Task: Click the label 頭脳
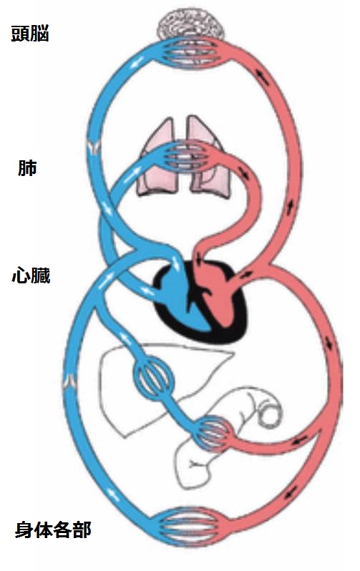tap(30, 34)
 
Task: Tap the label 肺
tap(27, 168)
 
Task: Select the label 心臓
tap(31, 275)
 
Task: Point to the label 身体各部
tap(53, 529)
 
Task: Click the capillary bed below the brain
tap(190, 52)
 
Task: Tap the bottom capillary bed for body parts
tap(192, 525)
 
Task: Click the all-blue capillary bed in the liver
tap(153, 380)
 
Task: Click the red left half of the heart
tap(215, 295)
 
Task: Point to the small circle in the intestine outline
tap(270, 416)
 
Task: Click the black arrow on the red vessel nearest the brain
tap(262, 77)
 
